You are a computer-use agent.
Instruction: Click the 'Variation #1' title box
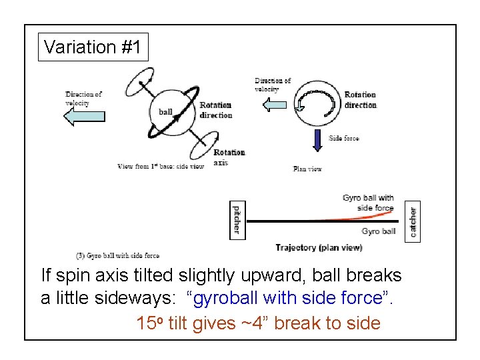tap(93, 47)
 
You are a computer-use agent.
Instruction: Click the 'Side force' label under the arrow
tap(344, 139)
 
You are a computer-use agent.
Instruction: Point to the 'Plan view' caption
tap(307, 169)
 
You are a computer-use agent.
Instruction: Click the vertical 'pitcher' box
tap(236, 219)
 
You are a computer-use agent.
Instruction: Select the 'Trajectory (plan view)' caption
tap(319, 247)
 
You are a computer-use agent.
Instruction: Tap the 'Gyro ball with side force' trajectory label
tap(367, 203)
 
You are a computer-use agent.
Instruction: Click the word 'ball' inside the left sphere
tap(165, 112)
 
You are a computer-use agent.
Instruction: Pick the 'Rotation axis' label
tap(229, 157)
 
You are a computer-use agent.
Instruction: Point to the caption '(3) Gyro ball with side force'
tap(117, 255)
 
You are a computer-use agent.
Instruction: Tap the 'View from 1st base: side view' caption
tap(161, 166)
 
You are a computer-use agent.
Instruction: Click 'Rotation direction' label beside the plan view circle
tap(360, 100)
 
